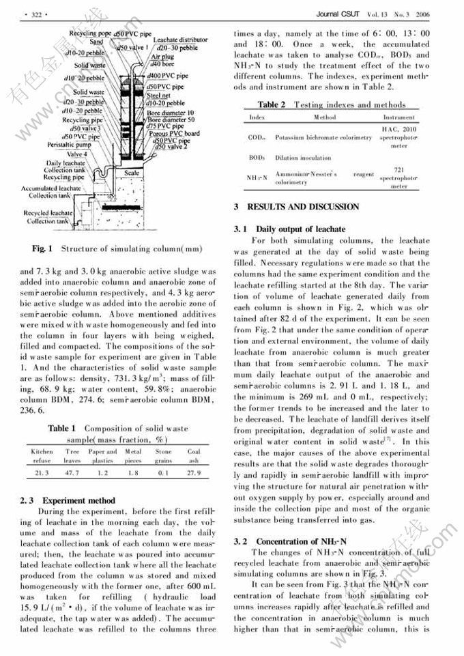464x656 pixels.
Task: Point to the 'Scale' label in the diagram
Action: (x=132, y=173)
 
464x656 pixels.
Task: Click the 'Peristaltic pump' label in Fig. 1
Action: (x=69, y=145)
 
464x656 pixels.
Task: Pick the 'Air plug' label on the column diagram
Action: (x=162, y=57)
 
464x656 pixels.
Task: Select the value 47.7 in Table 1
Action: (x=72, y=472)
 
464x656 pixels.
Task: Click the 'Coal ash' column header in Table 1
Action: (x=194, y=456)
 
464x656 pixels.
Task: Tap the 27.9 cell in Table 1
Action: (x=194, y=472)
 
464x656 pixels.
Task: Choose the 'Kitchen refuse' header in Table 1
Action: (x=42, y=456)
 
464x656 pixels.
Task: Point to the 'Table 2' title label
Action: (x=272, y=104)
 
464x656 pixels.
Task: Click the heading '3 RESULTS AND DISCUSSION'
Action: (x=296, y=206)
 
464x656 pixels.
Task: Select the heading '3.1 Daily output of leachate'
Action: (x=289, y=229)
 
